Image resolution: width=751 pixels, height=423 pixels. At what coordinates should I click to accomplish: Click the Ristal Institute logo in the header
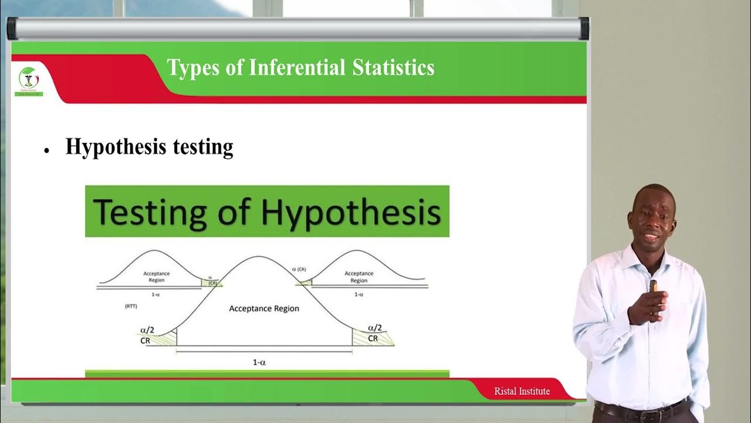[28, 81]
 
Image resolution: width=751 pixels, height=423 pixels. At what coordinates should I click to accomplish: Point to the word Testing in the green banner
[150, 212]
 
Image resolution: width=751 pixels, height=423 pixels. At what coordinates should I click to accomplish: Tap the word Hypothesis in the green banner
[350, 212]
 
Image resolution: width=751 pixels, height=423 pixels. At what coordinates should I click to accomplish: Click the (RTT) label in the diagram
[131, 307]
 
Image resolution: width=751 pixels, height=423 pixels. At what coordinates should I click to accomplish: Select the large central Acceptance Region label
[264, 308]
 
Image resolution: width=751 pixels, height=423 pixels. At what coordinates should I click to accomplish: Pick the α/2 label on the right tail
[374, 328]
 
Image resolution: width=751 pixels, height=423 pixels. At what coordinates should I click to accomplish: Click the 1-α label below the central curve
[259, 362]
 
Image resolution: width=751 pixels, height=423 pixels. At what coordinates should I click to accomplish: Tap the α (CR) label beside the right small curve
[299, 269]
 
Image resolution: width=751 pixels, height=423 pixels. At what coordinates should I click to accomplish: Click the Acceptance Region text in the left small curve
[157, 277]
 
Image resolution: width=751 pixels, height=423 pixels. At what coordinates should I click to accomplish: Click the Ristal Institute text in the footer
[522, 391]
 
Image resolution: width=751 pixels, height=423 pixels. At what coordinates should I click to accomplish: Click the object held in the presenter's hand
[653, 286]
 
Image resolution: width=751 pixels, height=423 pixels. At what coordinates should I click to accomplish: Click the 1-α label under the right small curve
[358, 294]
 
